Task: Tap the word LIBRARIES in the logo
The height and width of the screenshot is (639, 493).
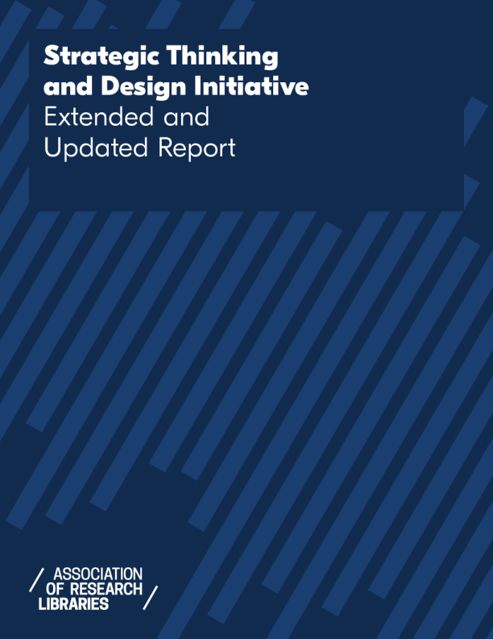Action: (x=73, y=604)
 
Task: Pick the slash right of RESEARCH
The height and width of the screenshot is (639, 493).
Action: (x=151, y=596)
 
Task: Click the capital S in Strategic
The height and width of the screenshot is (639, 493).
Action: (x=52, y=57)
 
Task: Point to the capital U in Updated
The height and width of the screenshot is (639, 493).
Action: (x=52, y=148)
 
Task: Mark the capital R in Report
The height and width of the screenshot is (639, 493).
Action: (x=168, y=148)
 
